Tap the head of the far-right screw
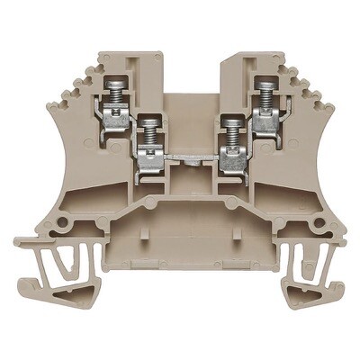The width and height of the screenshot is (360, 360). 265,83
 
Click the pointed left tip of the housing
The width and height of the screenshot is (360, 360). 18,242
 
